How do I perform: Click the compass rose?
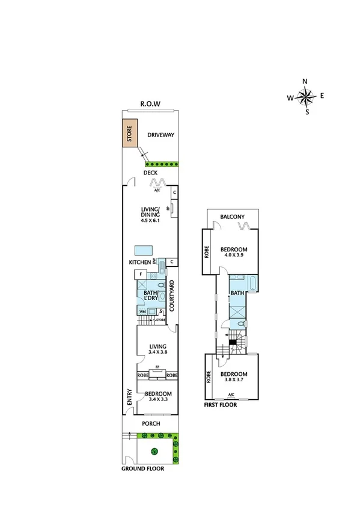pyautogui.click(x=307, y=96)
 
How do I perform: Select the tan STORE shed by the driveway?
pyautogui.click(x=129, y=134)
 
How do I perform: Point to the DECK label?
pyautogui.click(x=150, y=173)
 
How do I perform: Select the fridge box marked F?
pyautogui.click(x=142, y=274)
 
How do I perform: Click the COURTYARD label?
pyautogui.click(x=171, y=295)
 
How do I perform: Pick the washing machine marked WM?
pyautogui.click(x=142, y=312)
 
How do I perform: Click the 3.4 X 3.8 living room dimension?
pyautogui.click(x=157, y=353)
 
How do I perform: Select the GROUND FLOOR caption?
pyautogui.click(x=142, y=469)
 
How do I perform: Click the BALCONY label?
pyautogui.click(x=232, y=217)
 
